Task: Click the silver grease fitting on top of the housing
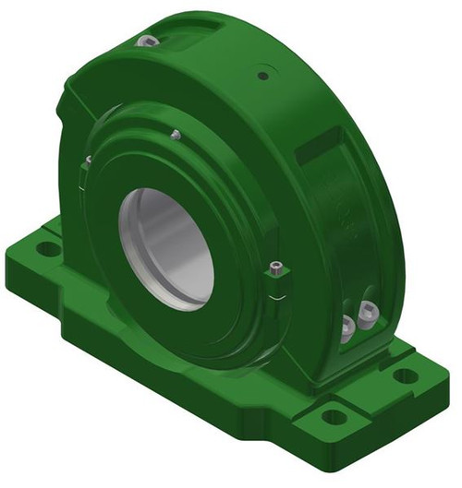(x=144, y=41)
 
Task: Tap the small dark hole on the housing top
(x=263, y=75)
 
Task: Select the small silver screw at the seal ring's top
(x=176, y=135)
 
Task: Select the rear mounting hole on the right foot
(x=404, y=375)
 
